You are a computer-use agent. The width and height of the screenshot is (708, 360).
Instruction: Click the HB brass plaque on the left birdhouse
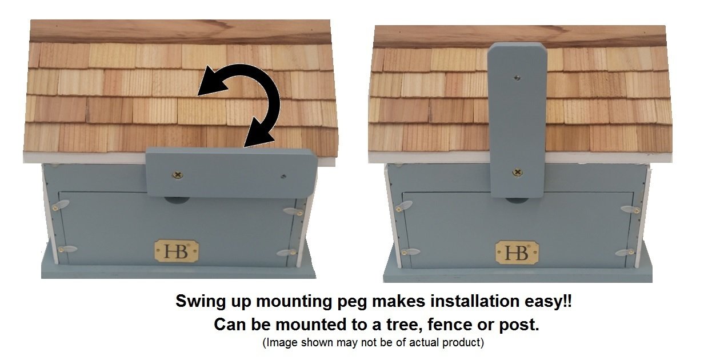[177, 251]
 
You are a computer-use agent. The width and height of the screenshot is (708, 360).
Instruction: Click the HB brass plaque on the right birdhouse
[517, 253]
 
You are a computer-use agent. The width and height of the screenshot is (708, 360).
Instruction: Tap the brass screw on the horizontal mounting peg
[178, 175]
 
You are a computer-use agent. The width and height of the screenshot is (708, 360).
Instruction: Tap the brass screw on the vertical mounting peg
[517, 172]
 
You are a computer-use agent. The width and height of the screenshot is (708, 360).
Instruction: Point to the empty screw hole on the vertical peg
[517, 78]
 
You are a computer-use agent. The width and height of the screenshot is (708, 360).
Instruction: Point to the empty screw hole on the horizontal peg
[283, 177]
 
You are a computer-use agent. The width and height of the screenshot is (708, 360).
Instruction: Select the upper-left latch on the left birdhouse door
[61, 205]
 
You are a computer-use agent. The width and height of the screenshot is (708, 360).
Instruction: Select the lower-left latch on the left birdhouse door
[67, 249]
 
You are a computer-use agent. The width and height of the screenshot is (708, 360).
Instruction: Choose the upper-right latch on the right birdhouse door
[630, 210]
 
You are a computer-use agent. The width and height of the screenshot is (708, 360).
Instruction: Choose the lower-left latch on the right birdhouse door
[410, 252]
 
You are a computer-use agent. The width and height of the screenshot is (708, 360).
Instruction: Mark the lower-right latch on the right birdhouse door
[624, 253]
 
